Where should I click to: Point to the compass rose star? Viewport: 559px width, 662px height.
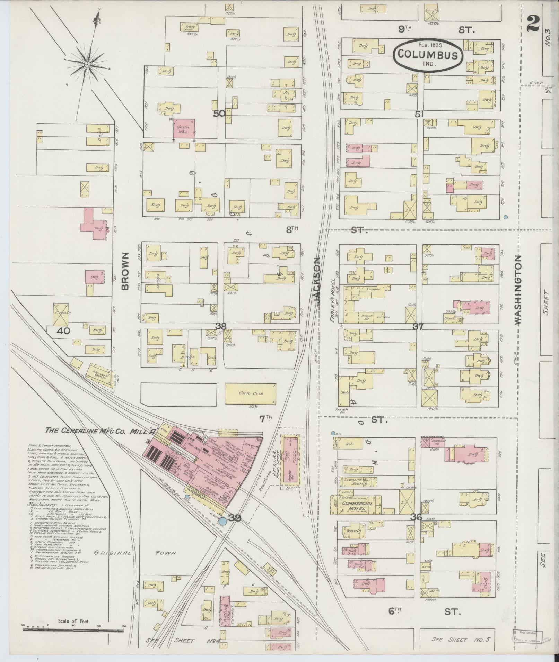coord(87,64)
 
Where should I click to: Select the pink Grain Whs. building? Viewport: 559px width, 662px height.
coord(184,129)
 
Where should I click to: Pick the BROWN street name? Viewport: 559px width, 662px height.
coord(125,271)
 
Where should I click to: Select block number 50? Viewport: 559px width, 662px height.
coord(219,113)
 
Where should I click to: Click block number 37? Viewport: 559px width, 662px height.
coord(418,326)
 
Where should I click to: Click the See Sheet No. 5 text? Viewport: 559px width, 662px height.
coord(460,640)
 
